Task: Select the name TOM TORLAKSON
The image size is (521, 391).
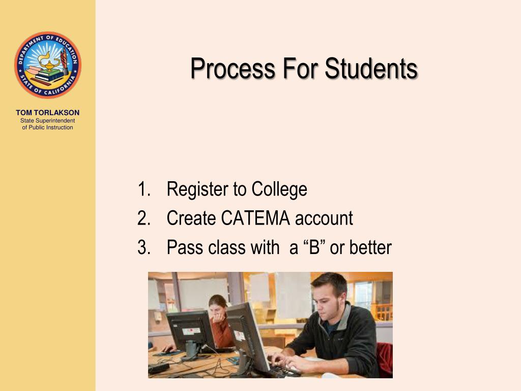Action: click(47, 113)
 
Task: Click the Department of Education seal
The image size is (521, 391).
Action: click(47, 65)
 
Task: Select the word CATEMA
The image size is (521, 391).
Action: click(255, 218)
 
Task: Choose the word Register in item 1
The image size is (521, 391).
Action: click(197, 189)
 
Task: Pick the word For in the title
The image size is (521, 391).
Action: click(300, 69)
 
